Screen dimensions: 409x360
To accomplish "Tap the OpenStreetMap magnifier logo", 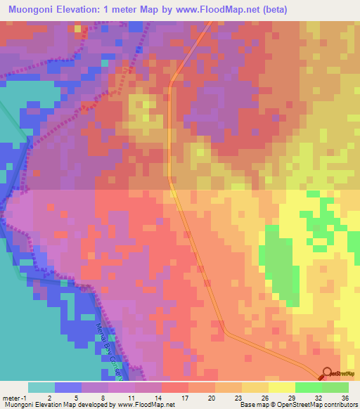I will [328, 374].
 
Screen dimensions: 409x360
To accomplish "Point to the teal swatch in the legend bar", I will [41, 387].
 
